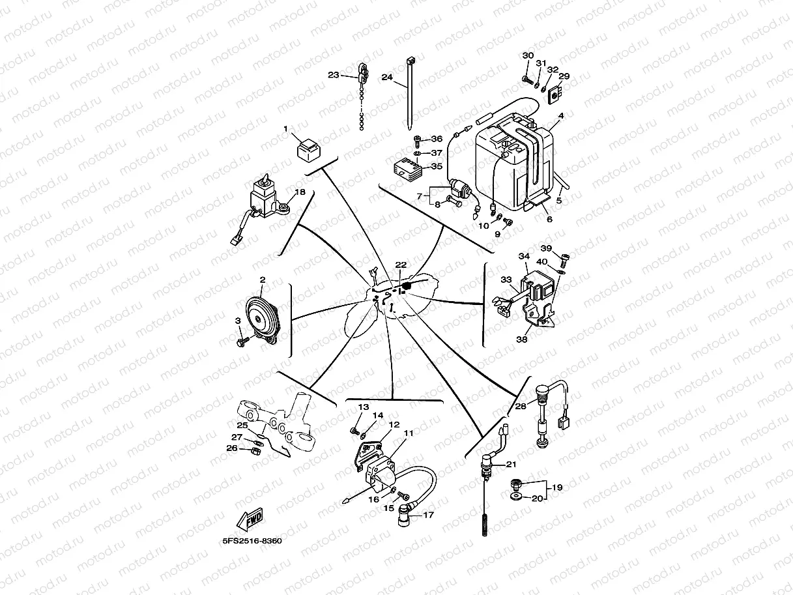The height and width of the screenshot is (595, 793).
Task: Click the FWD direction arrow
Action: pyautogui.click(x=250, y=519)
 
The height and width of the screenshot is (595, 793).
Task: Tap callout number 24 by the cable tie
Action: pyautogui.click(x=387, y=77)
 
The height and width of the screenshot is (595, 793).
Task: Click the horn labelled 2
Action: pyautogui.click(x=261, y=315)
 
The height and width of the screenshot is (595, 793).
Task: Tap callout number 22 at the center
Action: pyautogui.click(x=401, y=265)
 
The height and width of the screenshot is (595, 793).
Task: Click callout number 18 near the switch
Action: pyautogui.click(x=300, y=192)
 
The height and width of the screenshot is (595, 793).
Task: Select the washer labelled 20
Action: pyautogui.click(x=516, y=499)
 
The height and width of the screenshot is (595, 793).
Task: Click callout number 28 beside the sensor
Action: pyautogui.click(x=520, y=406)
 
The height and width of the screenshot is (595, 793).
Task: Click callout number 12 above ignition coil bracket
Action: pyautogui.click(x=394, y=424)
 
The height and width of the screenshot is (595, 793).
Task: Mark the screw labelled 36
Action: pyautogui.click(x=417, y=139)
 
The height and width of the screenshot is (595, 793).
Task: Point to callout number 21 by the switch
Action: pyautogui.click(x=510, y=464)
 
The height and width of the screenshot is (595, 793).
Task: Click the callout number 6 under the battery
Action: pyautogui.click(x=549, y=220)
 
